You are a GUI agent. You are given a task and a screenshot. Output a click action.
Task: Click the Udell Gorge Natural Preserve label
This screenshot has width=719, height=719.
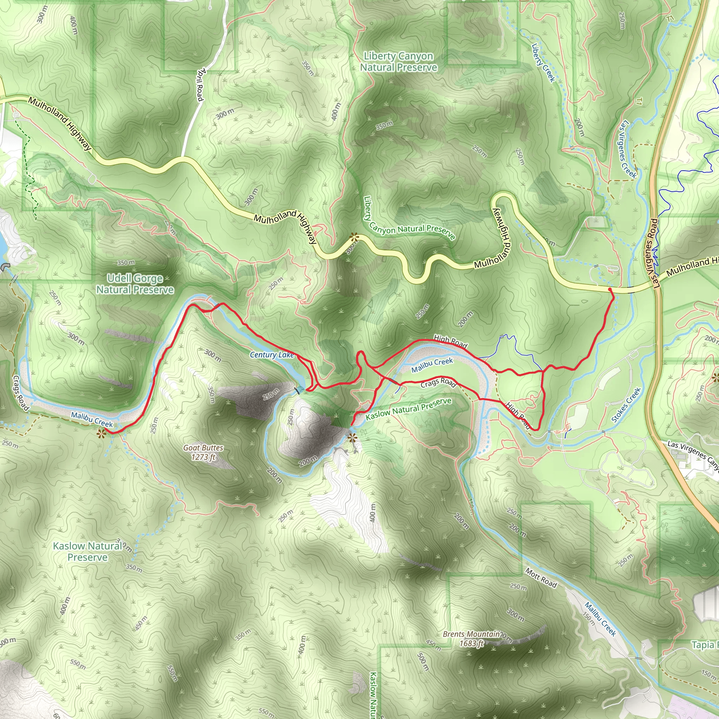point(135,284)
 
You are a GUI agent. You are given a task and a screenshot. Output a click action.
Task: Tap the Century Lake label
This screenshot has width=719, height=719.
point(272,355)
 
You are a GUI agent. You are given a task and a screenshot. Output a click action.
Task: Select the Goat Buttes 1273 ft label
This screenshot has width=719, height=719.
point(203,452)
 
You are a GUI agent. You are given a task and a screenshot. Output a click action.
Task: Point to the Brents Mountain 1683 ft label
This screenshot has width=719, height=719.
point(471,638)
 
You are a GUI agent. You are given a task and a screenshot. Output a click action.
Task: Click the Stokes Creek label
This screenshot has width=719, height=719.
point(626,405)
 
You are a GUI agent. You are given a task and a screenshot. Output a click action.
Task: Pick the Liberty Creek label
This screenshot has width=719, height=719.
point(543,62)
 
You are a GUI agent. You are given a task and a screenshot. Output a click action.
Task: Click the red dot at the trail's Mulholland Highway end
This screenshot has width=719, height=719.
point(610,290)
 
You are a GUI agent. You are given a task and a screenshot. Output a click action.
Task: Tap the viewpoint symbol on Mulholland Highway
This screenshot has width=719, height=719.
point(354,236)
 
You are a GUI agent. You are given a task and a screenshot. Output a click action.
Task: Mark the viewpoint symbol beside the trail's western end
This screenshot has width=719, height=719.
point(100,433)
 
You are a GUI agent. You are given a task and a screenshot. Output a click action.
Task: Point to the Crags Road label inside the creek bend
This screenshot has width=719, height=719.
point(438,383)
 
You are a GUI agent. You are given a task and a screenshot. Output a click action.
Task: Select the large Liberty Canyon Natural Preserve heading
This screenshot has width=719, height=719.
point(398,62)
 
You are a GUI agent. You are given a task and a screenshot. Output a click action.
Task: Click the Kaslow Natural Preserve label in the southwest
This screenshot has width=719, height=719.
point(88,551)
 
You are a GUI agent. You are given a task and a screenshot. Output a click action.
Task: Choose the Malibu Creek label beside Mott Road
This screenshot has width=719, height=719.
point(600,619)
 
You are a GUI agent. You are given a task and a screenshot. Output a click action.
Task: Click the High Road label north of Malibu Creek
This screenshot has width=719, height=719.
point(450,341)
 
